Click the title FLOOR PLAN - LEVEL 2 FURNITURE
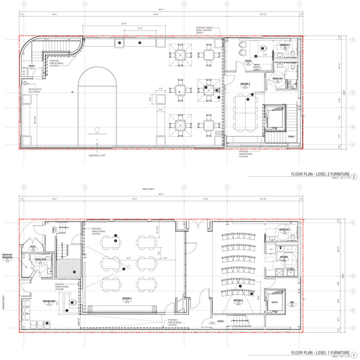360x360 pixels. click(x=320, y=175)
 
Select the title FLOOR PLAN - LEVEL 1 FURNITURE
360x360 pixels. click(x=320, y=353)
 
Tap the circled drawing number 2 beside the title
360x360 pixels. click(x=354, y=176)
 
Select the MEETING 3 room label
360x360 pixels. click(x=245, y=84)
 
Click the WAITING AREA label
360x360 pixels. click(x=50, y=301)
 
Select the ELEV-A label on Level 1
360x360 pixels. click(x=274, y=302)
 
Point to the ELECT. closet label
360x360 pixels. click(x=33, y=247)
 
